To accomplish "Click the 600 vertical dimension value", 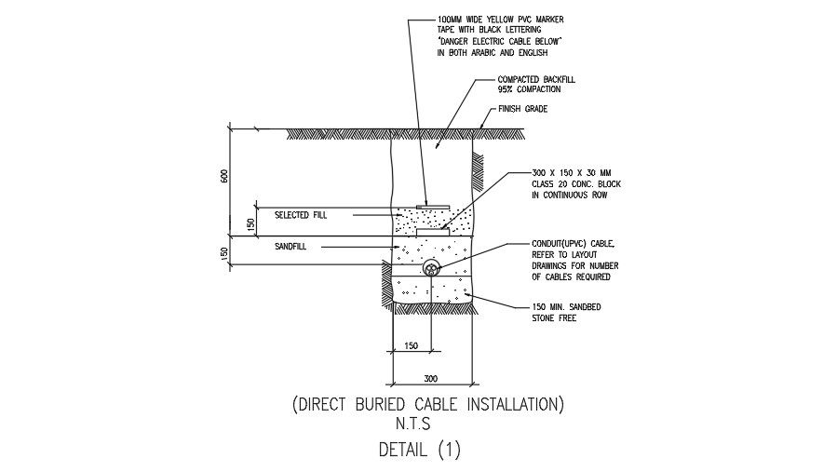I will pyautogui.click(x=223, y=176).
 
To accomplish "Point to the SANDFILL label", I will pyautogui.click(x=290, y=247).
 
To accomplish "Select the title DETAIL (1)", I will pyautogui.click(x=419, y=451).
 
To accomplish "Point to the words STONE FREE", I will pyautogui.click(x=555, y=318).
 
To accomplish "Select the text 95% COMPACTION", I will pyautogui.click(x=529, y=89).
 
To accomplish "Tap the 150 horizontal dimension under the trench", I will pyautogui.click(x=411, y=345).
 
